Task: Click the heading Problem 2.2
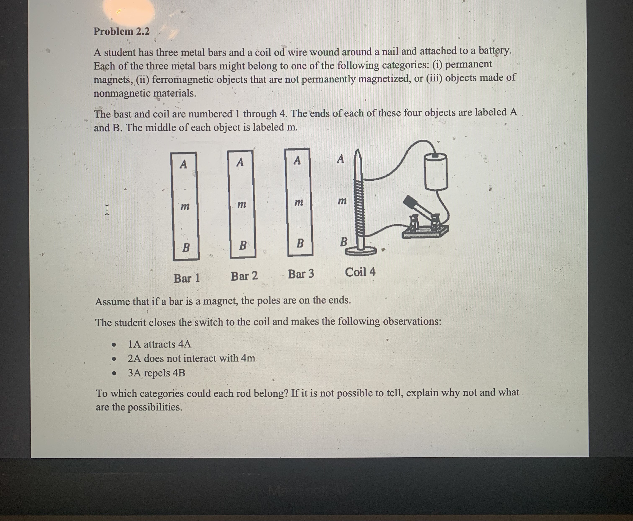point(122,31)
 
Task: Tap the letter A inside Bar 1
point(183,164)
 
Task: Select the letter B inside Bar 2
point(243,246)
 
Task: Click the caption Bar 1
point(186,278)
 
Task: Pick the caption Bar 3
point(301,274)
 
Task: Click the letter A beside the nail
point(340,159)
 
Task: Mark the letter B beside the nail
point(344,242)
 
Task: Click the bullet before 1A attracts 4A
point(114,345)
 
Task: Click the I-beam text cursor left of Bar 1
point(107,210)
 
